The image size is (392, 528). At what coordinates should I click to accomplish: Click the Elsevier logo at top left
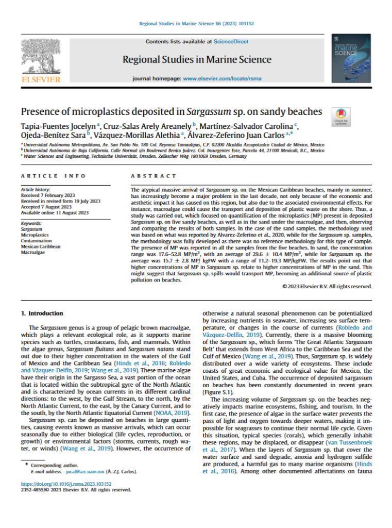40,60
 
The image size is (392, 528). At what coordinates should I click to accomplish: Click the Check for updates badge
340,115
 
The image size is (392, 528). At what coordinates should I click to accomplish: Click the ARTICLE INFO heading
46,176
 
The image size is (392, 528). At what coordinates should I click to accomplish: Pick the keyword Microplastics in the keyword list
34,235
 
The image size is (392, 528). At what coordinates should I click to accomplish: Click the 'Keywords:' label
32,223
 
